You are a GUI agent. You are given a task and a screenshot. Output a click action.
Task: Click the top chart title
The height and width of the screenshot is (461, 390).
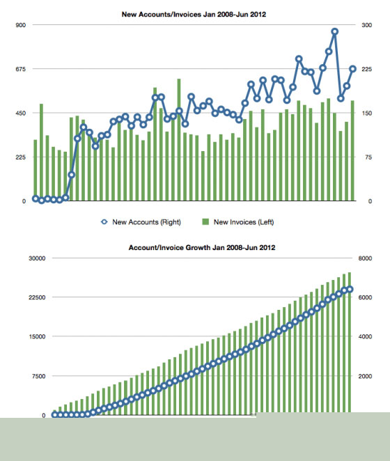click(x=194, y=15)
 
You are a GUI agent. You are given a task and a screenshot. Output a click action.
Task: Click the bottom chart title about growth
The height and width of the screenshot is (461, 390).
click(x=202, y=247)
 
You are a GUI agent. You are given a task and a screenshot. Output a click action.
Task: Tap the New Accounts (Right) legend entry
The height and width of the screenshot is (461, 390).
click(x=141, y=222)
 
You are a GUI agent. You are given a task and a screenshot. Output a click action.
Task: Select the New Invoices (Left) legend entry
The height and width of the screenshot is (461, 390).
click(x=238, y=222)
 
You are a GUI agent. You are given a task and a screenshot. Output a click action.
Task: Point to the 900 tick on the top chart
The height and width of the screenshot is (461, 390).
click(x=21, y=25)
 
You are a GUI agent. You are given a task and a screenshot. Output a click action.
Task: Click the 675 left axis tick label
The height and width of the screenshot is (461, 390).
click(x=21, y=69)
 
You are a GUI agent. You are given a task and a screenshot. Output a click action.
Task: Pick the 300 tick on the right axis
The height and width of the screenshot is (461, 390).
click(x=367, y=25)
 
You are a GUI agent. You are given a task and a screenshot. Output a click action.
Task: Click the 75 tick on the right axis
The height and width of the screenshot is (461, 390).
click(x=368, y=157)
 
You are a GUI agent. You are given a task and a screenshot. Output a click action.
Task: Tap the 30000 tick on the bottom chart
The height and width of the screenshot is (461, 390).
click(x=37, y=258)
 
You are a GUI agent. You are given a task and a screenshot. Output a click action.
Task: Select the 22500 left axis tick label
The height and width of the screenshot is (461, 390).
click(x=37, y=297)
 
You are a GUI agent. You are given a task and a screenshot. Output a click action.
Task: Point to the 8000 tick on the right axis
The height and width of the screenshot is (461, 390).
click(x=365, y=258)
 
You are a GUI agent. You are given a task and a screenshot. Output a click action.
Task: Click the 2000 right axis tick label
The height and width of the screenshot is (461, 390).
click(x=365, y=376)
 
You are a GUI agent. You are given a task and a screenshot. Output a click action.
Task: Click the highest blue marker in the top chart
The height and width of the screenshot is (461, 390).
click(x=335, y=31)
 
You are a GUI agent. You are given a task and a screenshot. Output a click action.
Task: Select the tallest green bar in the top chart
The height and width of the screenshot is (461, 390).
click(x=179, y=140)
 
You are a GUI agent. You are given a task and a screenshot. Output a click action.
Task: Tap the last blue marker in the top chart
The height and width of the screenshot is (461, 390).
click(x=352, y=69)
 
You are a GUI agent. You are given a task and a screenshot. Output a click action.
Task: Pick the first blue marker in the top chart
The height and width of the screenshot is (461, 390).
click(x=36, y=198)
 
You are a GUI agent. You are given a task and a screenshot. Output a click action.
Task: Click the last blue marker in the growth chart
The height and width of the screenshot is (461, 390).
click(x=350, y=290)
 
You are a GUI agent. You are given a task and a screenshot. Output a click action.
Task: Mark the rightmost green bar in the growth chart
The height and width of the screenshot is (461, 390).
click(x=350, y=343)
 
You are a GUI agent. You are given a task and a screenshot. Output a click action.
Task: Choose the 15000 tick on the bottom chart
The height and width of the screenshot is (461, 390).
click(x=37, y=336)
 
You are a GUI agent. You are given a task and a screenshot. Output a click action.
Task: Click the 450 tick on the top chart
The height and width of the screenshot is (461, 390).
click(x=21, y=114)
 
